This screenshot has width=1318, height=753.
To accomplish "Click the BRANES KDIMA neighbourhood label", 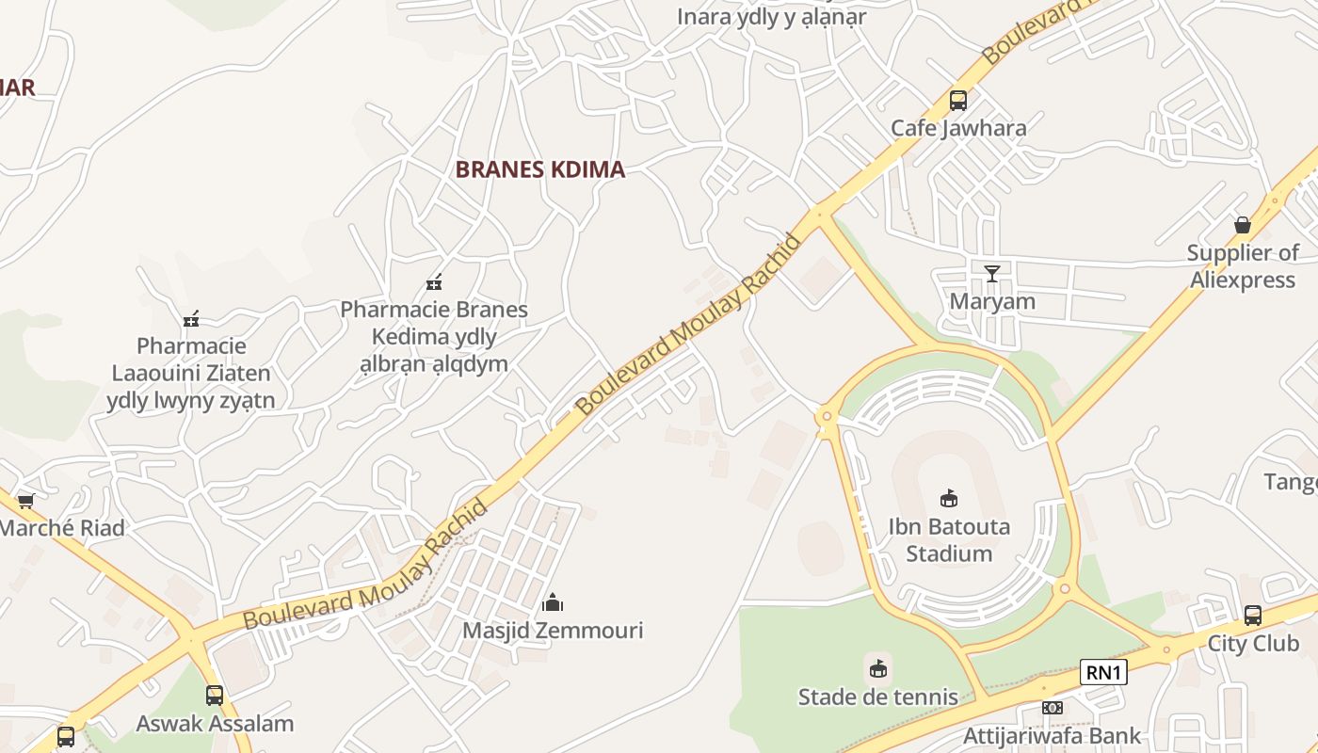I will [539, 169].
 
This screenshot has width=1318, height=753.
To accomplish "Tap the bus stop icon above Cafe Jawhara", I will [958, 100].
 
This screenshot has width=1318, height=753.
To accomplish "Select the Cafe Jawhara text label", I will [958, 128].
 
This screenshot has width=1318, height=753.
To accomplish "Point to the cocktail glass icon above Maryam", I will [992, 274].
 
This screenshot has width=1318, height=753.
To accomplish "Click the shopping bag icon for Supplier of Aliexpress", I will [1243, 225].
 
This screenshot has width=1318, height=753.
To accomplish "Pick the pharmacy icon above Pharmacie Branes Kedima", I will [434, 281].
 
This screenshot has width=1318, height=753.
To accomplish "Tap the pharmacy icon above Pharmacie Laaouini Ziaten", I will [191, 319].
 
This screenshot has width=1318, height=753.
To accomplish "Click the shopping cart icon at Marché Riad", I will [26, 501].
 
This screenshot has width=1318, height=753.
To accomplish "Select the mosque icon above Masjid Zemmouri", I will [553, 601].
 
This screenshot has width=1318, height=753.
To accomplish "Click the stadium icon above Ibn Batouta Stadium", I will [949, 499].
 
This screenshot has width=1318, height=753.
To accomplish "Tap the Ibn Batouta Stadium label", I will [949, 539].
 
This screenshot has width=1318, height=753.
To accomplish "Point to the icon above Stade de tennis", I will [878, 669].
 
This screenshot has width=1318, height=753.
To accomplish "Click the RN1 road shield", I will [1103, 672].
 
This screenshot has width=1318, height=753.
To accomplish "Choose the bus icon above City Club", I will [1253, 616].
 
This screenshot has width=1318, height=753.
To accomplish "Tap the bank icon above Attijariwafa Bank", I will [1052, 708].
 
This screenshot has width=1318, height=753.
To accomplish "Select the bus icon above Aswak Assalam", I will [215, 696].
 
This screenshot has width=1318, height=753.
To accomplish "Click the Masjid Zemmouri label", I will [553, 630].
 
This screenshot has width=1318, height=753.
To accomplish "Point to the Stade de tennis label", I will [878, 697].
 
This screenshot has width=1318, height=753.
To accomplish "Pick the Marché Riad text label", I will [62, 528].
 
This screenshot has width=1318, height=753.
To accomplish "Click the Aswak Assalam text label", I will [215, 724].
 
